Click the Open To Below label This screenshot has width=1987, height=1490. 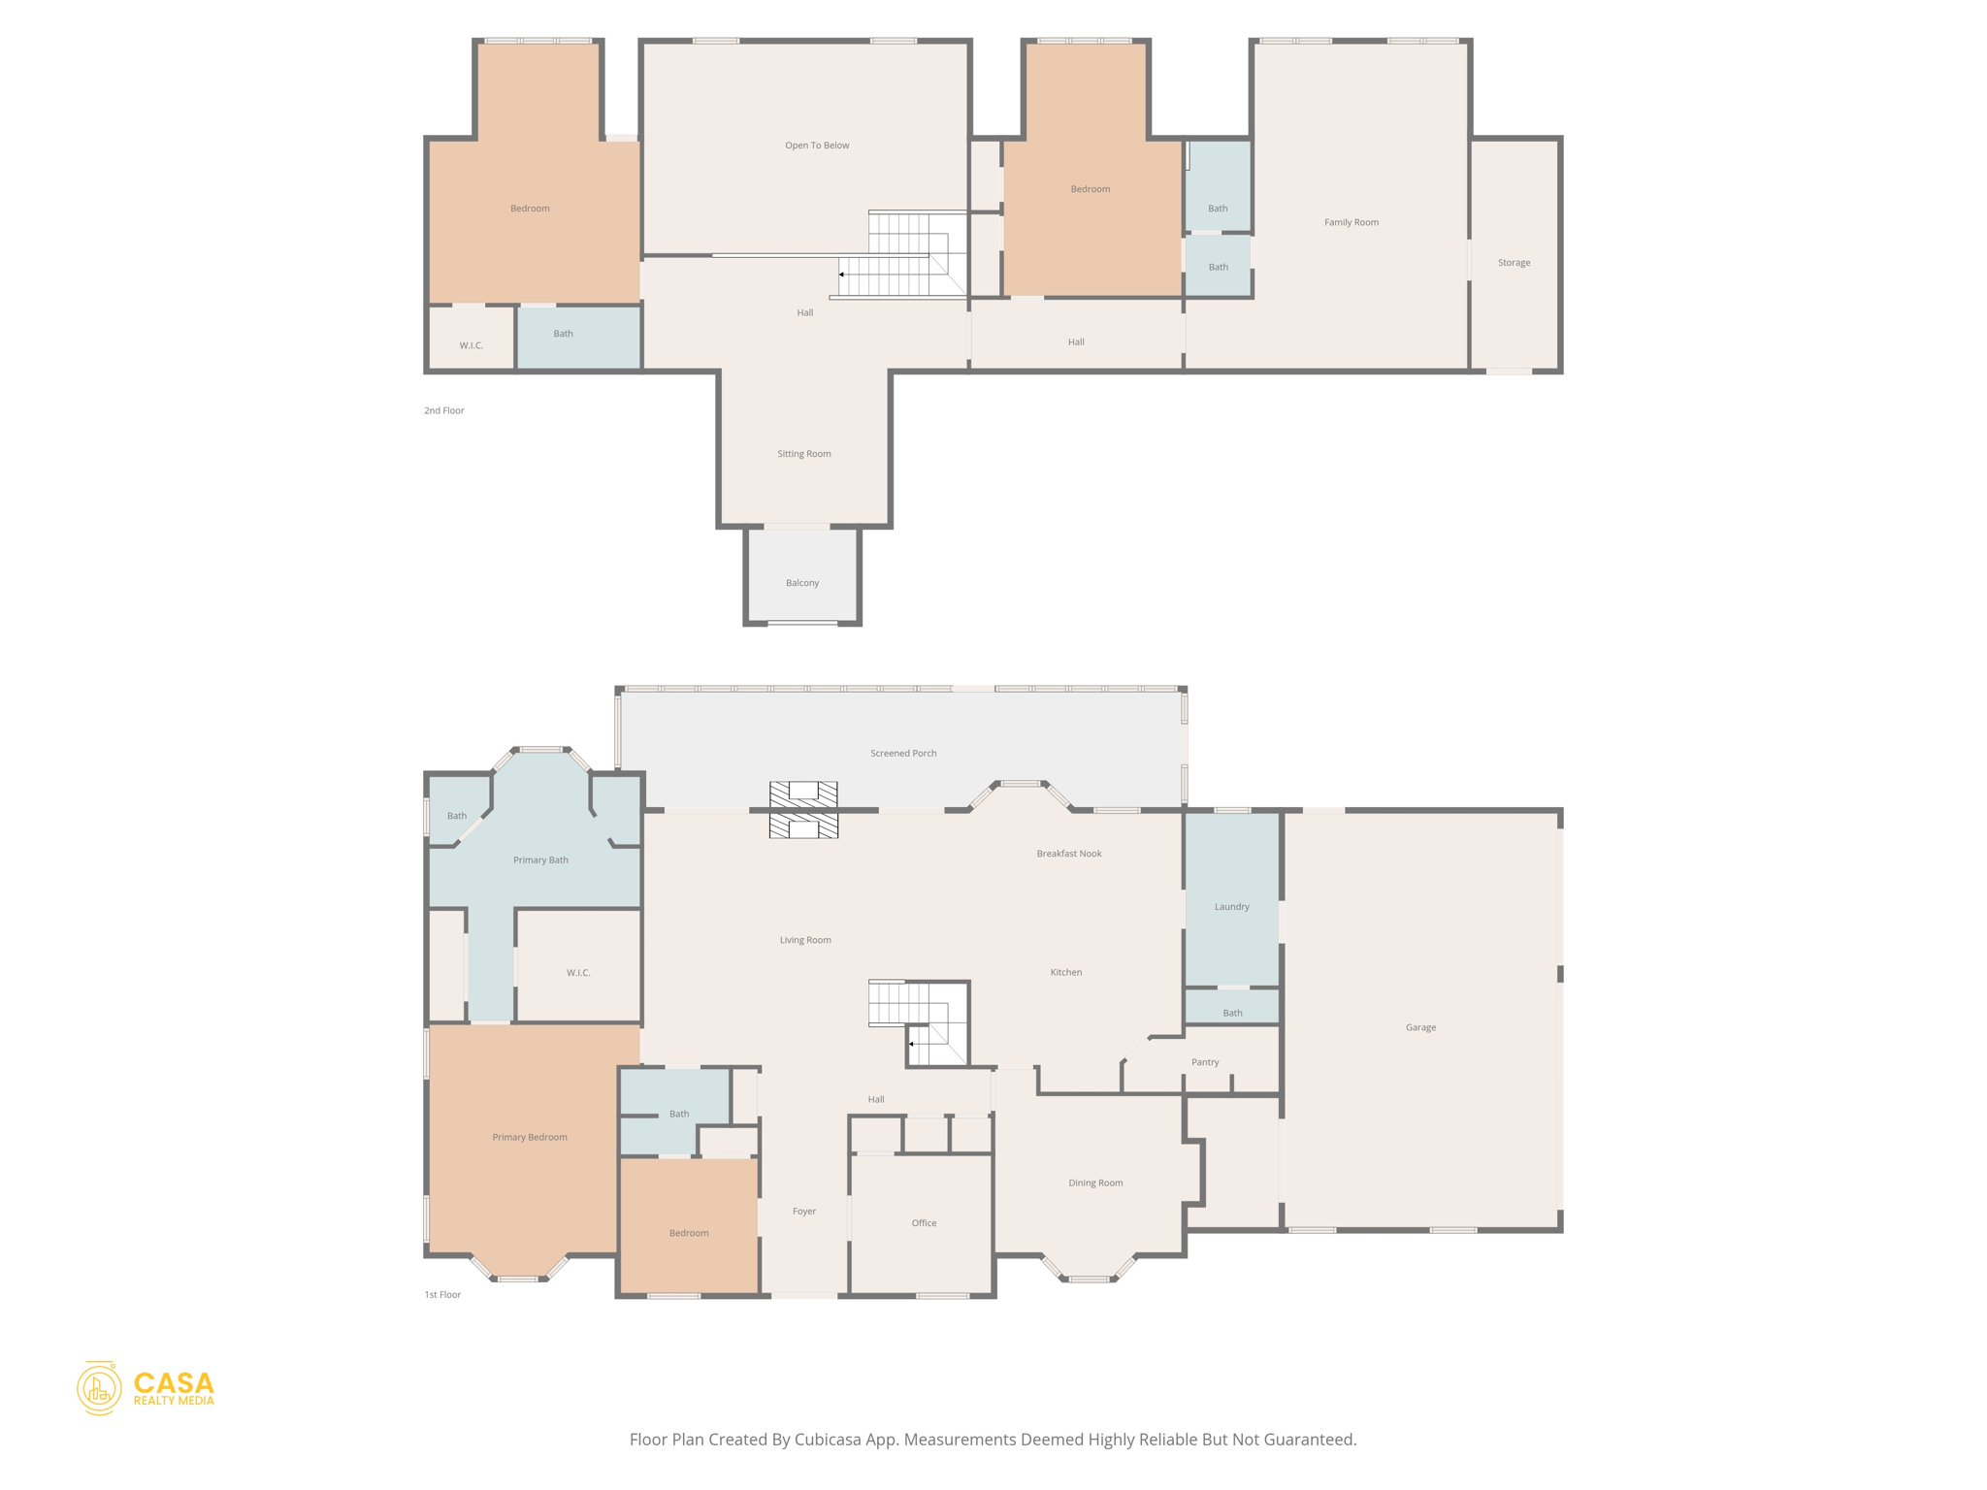pyautogui.click(x=817, y=146)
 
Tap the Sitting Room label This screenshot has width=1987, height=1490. pyautogui.click(x=803, y=454)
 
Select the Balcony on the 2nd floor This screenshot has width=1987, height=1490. pyautogui.click(x=802, y=582)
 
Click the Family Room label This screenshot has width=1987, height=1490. pyautogui.click(x=1351, y=222)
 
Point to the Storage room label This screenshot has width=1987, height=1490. pyautogui.click(x=1514, y=263)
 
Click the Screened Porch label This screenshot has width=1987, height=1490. pyautogui.click(x=903, y=753)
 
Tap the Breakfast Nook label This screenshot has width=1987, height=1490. pyautogui.click(x=1068, y=854)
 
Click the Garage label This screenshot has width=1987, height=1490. pyautogui.click(x=1420, y=1027)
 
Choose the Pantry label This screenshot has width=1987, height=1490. pyautogui.click(x=1205, y=1062)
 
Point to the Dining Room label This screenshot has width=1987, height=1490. pyautogui.click(x=1095, y=1182)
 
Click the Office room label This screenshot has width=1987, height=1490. pyautogui.click(x=924, y=1223)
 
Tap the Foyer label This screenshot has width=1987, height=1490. pyautogui.click(x=804, y=1212)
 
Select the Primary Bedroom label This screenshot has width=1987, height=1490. pyautogui.click(x=529, y=1137)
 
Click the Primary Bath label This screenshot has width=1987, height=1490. pyautogui.click(x=540, y=860)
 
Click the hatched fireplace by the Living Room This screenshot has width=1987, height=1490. pyautogui.click(x=803, y=810)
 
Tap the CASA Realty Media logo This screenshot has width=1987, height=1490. pyautogui.click(x=146, y=1388)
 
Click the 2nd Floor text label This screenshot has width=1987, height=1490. pyautogui.click(x=444, y=410)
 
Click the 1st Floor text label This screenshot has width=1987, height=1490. pyautogui.click(x=442, y=1294)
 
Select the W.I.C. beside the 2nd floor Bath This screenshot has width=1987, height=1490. pyautogui.click(x=472, y=344)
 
